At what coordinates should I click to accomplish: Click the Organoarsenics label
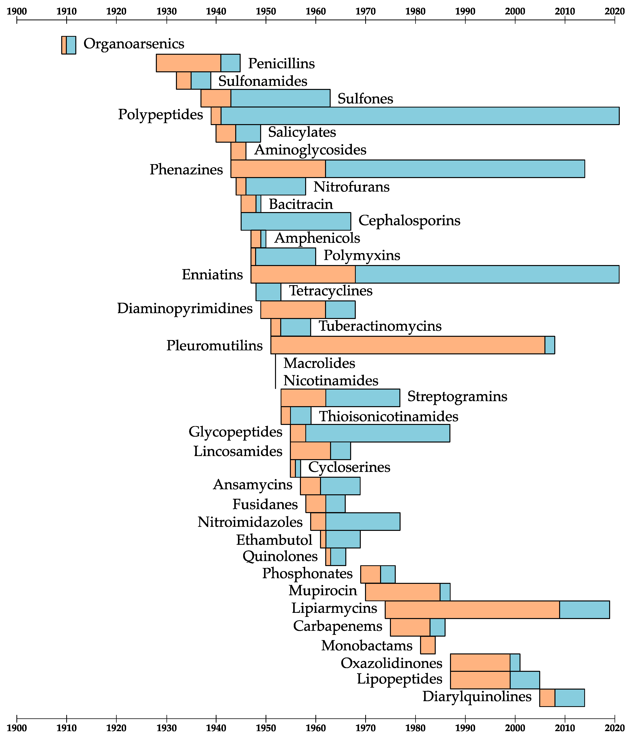click(x=134, y=44)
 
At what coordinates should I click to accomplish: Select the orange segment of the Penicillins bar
click(x=188, y=63)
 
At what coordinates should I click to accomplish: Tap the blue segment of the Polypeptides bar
click(x=420, y=116)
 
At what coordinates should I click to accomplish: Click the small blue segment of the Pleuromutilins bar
click(x=550, y=345)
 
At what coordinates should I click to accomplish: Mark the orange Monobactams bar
click(x=428, y=645)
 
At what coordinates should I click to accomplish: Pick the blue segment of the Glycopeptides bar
click(x=378, y=433)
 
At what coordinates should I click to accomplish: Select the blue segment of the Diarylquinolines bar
click(x=569, y=698)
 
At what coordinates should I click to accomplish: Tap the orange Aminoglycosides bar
click(x=238, y=151)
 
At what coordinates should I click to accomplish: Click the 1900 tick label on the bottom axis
click(x=17, y=728)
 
